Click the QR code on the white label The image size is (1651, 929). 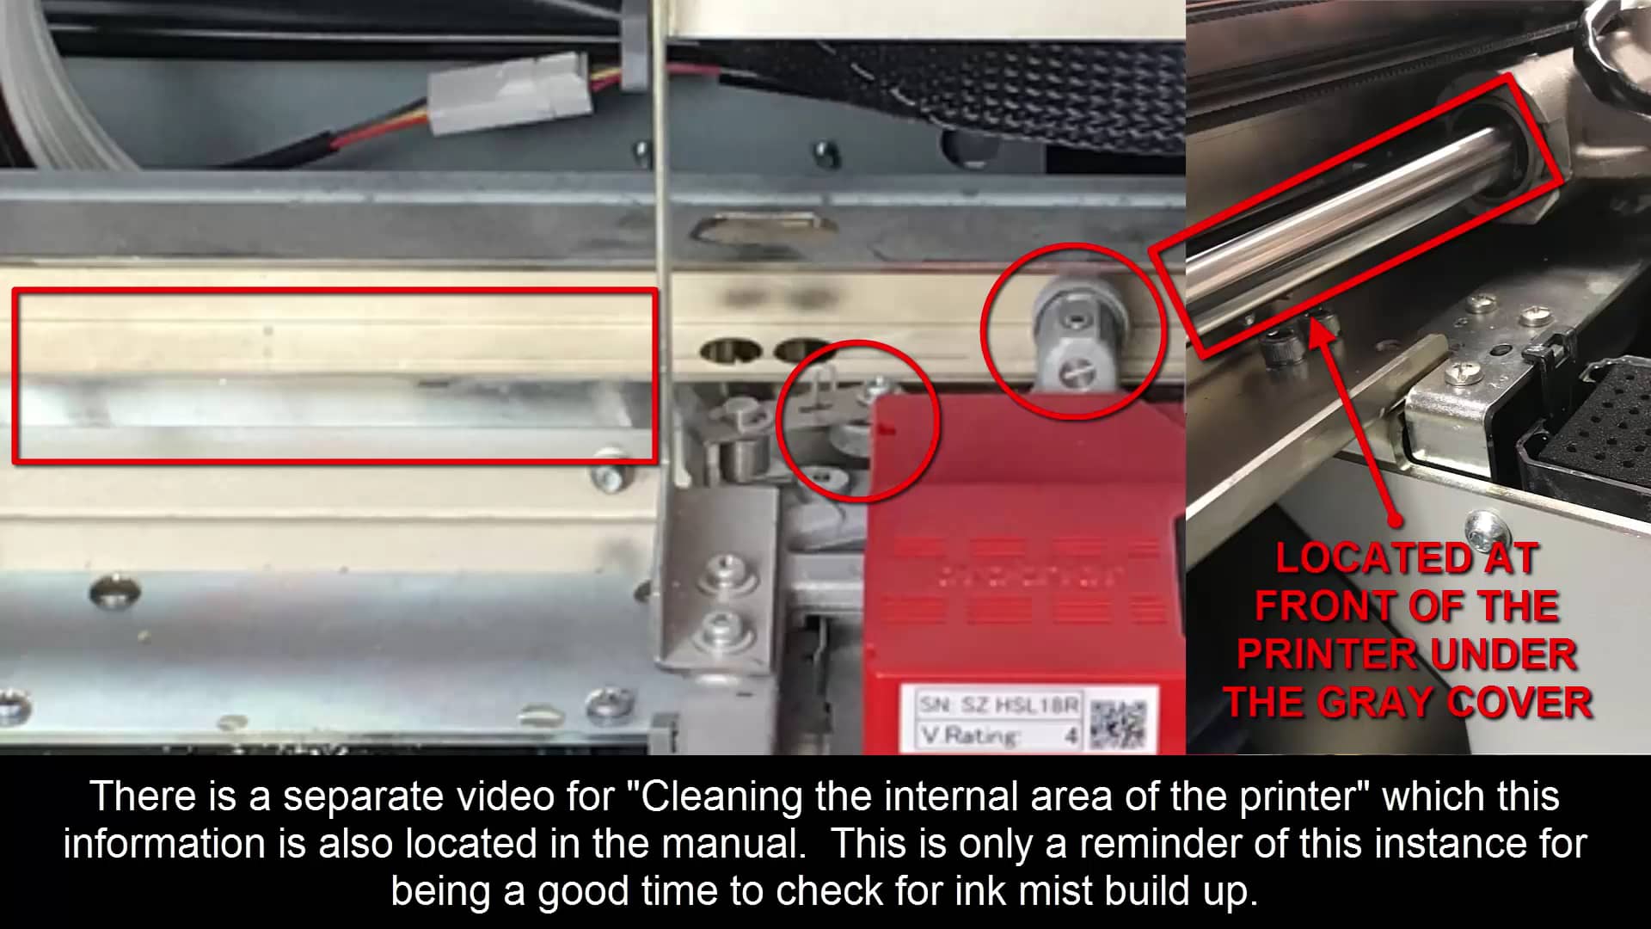[x=1118, y=722]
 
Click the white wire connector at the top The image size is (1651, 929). [x=510, y=92]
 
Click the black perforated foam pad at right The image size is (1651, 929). [x=1599, y=421]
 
